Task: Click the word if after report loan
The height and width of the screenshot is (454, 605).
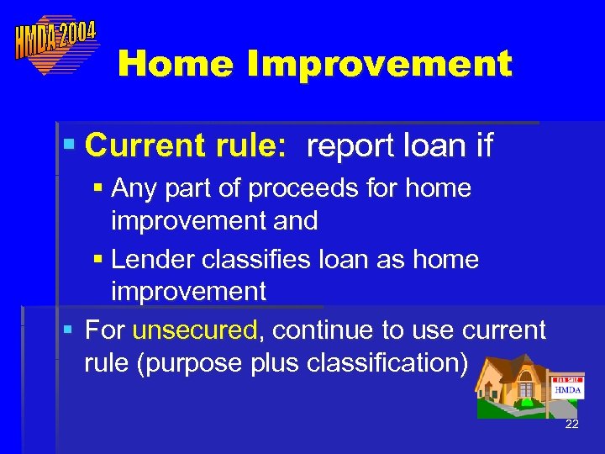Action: (484, 146)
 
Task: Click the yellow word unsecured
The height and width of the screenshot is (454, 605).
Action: (195, 330)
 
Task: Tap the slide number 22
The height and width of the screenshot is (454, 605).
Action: (571, 424)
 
